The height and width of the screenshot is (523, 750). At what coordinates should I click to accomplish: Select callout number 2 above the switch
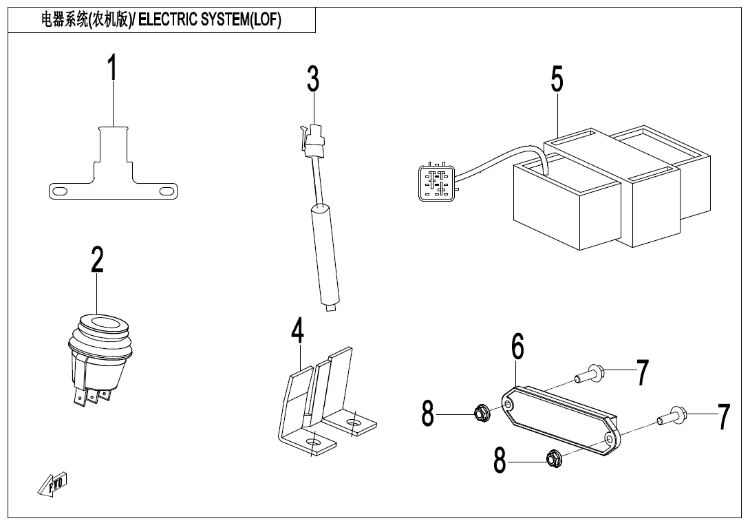97,260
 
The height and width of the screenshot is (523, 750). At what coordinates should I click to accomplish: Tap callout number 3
313,80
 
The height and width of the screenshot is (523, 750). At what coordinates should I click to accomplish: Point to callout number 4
297,332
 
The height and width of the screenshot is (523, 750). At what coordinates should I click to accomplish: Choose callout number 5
557,79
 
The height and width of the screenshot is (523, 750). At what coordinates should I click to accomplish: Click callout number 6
517,347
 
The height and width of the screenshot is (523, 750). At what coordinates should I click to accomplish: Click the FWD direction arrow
52,484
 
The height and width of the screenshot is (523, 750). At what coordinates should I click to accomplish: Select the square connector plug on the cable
435,181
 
